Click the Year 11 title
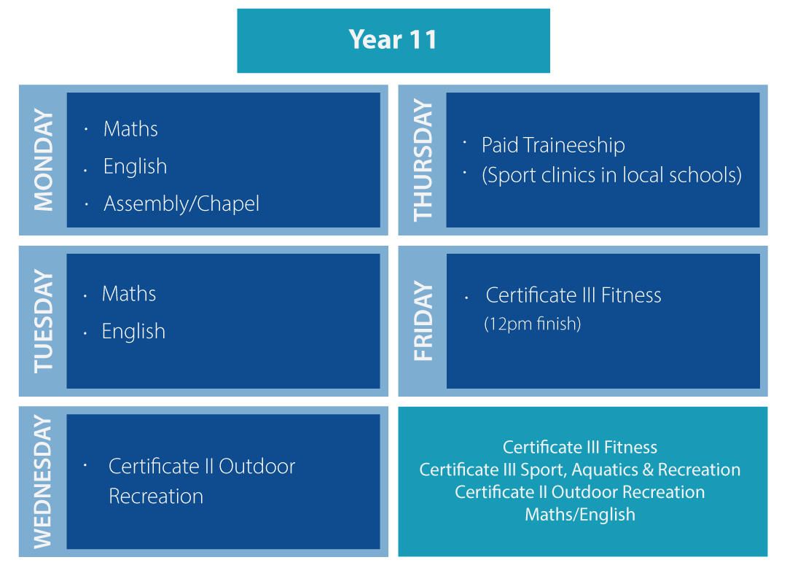[393, 39]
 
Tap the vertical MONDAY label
[43, 160]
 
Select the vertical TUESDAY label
[43, 322]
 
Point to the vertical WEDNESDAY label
[43, 482]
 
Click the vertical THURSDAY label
[423, 160]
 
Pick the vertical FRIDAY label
[423, 322]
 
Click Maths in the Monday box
[130, 129]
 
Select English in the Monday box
[135, 166]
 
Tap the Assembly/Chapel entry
[181, 203]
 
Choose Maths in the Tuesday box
[129, 294]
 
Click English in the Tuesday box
[133, 332]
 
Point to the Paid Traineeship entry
[553, 145]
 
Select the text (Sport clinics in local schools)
[611, 176]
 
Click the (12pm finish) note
[533, 324]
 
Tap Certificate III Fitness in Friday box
[573, 295]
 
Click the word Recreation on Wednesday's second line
[156, 497]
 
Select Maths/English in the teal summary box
[580, 515]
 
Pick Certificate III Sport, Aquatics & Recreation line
[580, 470]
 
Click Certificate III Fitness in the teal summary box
[580, 447]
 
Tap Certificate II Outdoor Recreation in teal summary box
[580, 492]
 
